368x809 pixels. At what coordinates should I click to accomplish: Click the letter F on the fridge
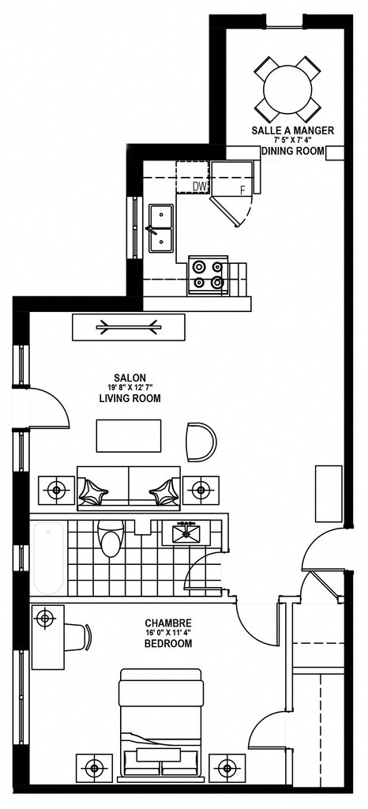coord(242,190)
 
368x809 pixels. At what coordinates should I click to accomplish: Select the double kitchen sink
coord(161,227)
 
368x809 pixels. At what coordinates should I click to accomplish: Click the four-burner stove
coord(208,275)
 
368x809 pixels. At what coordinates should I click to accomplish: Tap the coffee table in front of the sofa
coord(129,436)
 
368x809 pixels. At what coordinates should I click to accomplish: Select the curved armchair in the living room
coord(201,442)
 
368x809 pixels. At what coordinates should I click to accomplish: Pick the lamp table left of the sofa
coord(57,491)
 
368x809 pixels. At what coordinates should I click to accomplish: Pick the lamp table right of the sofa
coord(201,491)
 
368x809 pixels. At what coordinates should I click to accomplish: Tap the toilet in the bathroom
coord(111,538)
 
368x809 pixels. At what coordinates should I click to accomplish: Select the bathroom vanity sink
coord(186,533)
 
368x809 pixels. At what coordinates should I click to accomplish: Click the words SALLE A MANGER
coord(293,130)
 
